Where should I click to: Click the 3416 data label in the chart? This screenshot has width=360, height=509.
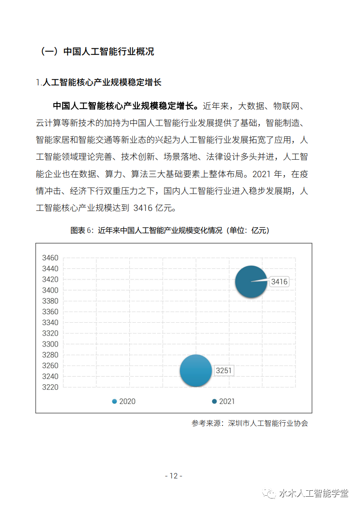point(279,282)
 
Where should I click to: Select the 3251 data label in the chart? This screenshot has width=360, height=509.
point(224,371)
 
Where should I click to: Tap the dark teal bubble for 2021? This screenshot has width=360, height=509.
point(250,282)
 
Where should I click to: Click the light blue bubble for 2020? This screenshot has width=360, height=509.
point(196,371)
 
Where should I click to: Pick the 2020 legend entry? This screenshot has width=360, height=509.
point(124,401)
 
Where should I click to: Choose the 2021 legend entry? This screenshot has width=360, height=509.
point(223,401)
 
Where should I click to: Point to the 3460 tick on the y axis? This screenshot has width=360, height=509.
point(50,258)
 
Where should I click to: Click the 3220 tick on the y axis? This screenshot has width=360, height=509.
point(50,387)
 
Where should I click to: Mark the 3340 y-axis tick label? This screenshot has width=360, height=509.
point(50,323)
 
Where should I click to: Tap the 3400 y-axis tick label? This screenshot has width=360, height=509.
point(50,290)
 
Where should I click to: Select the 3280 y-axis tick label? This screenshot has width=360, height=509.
point(50,355)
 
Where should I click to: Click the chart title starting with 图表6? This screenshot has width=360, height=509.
point(169,231)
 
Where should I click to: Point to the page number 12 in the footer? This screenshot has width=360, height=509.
point(173,476)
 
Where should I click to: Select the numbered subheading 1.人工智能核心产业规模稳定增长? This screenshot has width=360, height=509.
point(99,83)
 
